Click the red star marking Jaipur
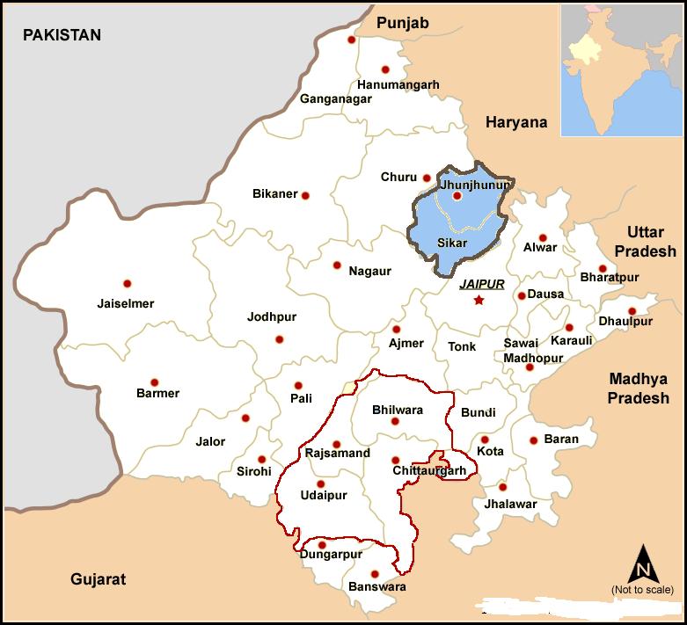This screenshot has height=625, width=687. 479,301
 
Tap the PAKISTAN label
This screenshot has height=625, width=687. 62,35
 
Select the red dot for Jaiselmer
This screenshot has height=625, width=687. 128,284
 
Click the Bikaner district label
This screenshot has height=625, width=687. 274,194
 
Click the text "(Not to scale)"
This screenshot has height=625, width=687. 642,590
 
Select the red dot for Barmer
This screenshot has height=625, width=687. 155,382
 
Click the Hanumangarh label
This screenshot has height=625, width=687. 398,85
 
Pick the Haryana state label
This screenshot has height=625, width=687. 516,123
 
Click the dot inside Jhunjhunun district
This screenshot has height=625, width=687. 457,196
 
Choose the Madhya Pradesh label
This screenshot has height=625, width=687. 638,389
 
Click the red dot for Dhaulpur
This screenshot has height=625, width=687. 632,311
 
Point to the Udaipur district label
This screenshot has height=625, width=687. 324,496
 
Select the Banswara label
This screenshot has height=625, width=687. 377,586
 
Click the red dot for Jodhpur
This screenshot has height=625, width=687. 280,339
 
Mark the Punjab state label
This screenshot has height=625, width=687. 402,23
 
